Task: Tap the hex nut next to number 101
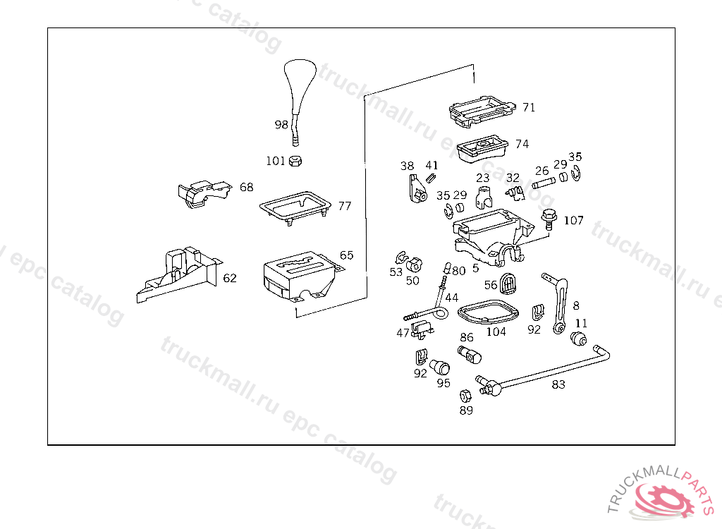point(296,161)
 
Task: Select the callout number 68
point(246,188)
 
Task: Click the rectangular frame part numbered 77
point(295,209)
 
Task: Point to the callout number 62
point(230,278)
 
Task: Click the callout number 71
point(529,107)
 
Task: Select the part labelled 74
point(483,148)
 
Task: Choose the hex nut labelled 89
point(465,396)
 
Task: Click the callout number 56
point(491,284)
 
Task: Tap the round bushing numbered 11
point(580,339)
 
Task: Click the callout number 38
point(407,166)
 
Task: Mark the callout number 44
point(451,298)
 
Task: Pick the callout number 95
point(443,383)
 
